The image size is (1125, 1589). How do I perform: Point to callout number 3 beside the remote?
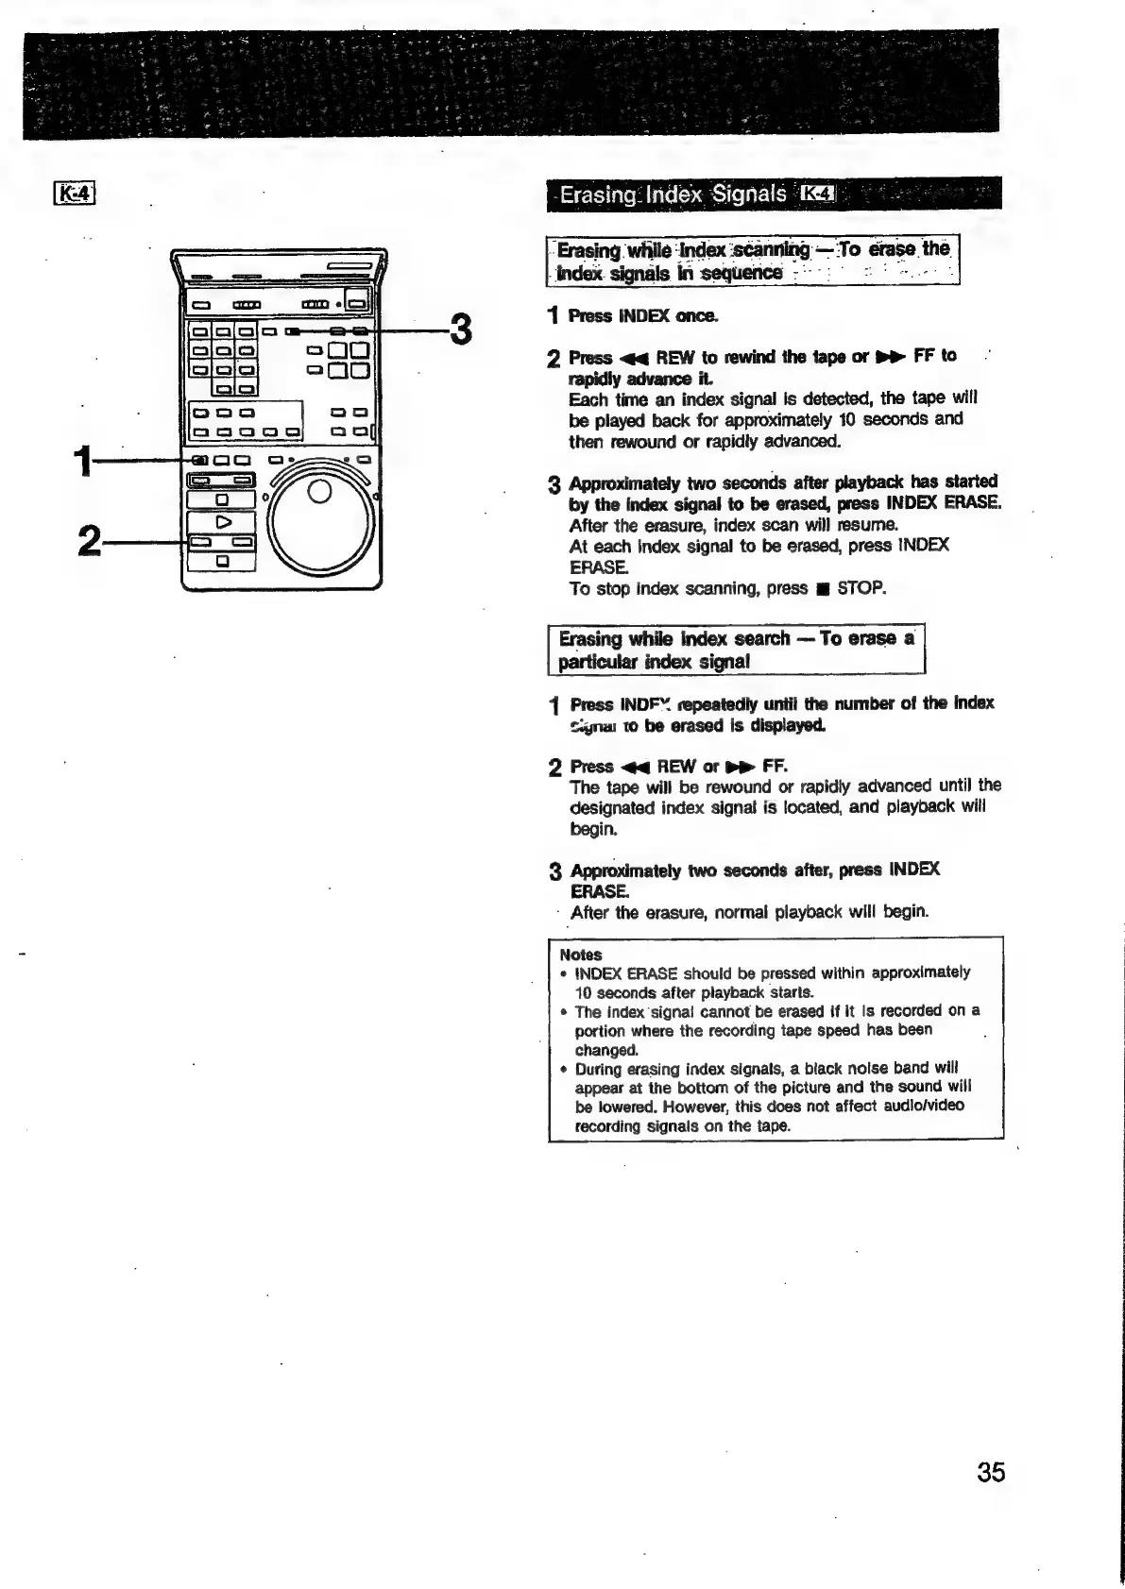pos(460,331)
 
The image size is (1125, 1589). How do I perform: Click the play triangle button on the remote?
pos(223,521)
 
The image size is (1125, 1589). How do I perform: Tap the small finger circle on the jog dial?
pos(319,493)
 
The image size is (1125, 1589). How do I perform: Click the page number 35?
pos(991,1472)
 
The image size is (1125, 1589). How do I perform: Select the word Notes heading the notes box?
pos(580,955)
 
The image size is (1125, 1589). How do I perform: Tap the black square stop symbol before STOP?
pos(822,589)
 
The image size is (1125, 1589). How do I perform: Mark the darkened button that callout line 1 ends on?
pos(199,461)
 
